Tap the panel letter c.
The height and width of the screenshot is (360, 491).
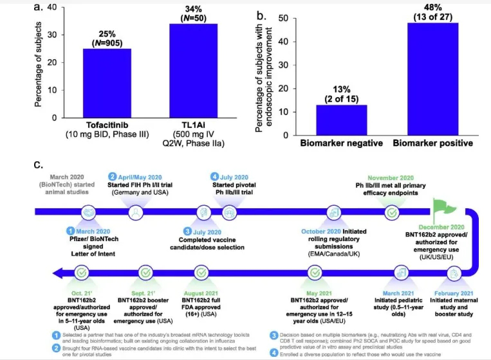tap(39, 162)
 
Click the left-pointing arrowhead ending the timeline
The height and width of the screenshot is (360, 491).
tap(59, 272)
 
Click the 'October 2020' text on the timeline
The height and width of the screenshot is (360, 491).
tap(322, 230)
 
